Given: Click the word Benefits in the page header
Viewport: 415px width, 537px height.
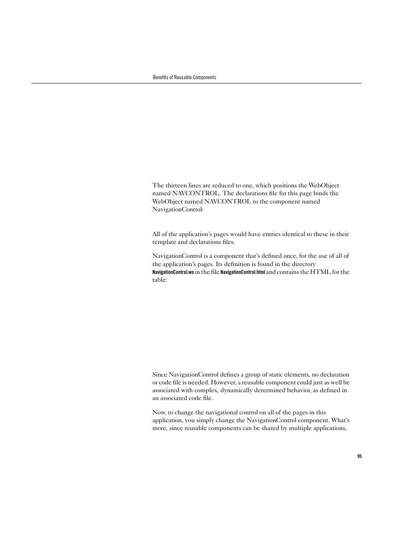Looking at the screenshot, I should click(160, 77).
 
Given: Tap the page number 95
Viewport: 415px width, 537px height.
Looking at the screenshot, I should click(359, 456).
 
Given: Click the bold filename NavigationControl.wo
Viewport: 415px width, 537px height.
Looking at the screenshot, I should click(173, 272).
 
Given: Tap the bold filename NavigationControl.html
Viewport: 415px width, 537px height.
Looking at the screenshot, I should click(242, 272).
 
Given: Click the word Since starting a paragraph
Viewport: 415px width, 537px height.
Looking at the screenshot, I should click(160, 374).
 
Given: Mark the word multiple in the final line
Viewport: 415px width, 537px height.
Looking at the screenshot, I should click(300, 428).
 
